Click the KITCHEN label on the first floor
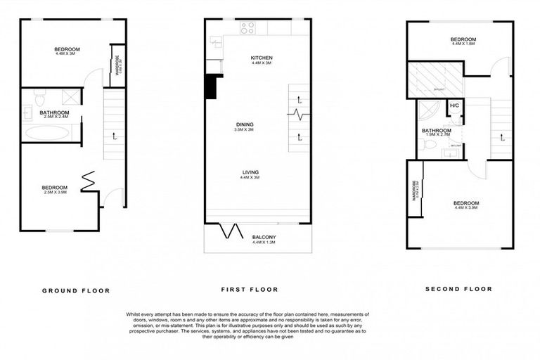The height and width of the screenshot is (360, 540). click(x=261, y=58)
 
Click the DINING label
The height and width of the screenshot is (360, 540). click(x=244, y=124)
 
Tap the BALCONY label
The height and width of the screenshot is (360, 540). click(x=264, y=238)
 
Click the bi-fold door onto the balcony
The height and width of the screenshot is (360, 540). click(x=227, y=231)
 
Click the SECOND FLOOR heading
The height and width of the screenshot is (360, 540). click(x=458, y=288)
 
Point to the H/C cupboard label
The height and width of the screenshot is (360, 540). click(x=454, y=106)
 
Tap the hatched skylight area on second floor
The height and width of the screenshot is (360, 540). click(x=437, y=77)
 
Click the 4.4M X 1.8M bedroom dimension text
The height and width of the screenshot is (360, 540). click(x=463, y=44)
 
